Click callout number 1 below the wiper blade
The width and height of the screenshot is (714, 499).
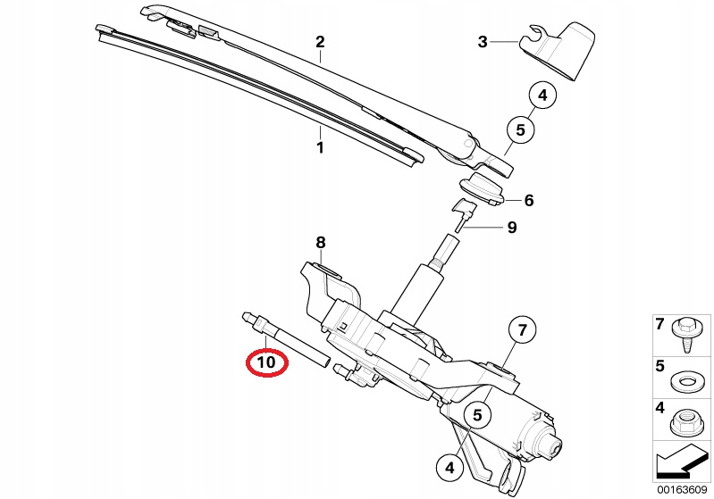coord(320,148)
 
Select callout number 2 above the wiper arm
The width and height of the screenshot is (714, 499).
coord(320,42)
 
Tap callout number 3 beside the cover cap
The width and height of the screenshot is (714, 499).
coord(483,42)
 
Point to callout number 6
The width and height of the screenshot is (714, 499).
coord(529,200)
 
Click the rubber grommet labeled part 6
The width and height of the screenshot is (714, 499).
coord(481,187)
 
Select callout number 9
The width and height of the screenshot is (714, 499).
coord(512,227)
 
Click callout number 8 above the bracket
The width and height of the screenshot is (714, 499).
coord(321,243)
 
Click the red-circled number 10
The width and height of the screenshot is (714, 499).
coord(267,362)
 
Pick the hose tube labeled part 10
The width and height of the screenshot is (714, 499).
coord(284,337)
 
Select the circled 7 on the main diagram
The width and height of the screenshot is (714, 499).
coord(522,329)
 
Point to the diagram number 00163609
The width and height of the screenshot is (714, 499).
coord(682,490)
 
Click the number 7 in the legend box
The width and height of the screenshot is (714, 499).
coord(659,324)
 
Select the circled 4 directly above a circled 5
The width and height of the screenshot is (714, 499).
coord(542,96)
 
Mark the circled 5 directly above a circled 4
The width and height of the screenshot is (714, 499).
coord(477,415)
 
